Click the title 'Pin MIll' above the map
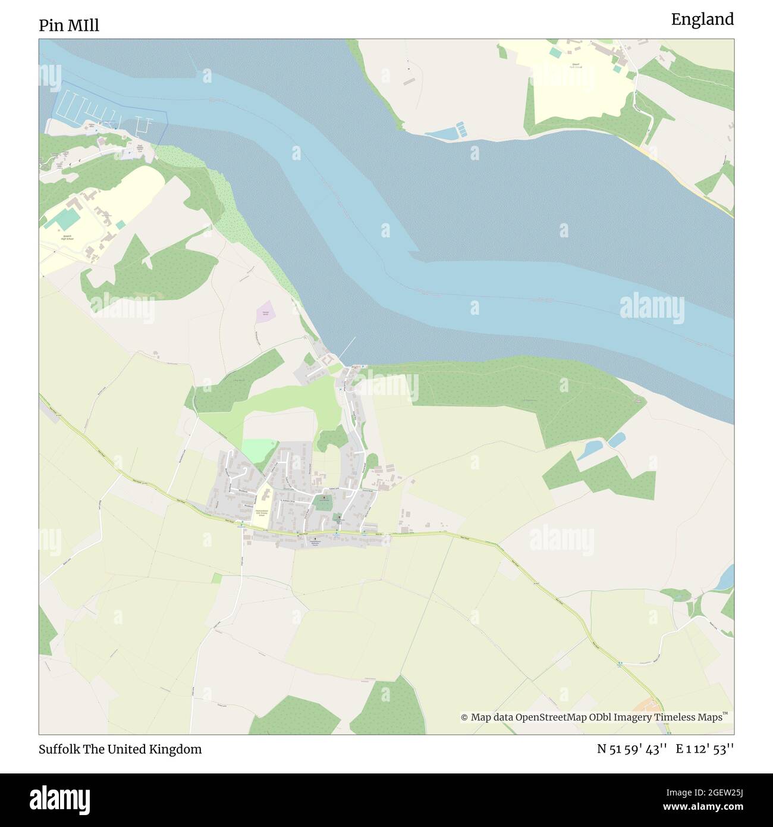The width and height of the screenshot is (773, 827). [x=69, y=26]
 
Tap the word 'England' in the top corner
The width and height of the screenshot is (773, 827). [x=702, y=20]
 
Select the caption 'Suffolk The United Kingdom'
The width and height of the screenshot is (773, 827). [x=120, y=749]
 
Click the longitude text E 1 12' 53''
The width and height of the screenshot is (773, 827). [x=705, y=749]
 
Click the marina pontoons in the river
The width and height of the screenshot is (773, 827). [x=80, y=107]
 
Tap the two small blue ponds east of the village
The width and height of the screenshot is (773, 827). [x=601, y=445]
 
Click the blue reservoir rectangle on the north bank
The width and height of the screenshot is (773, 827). [x=443, y=133]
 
